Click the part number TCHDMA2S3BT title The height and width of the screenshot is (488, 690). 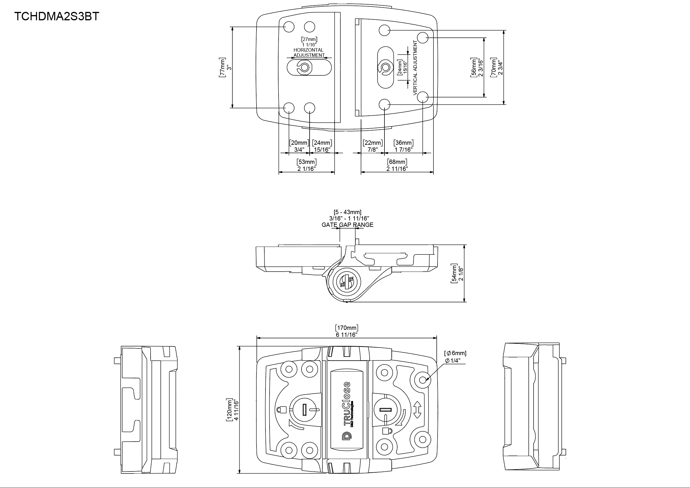pos(57,16)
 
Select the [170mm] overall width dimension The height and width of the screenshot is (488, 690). pos(346,328)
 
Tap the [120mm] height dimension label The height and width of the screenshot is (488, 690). pos(229,410)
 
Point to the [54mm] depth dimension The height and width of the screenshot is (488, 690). pos(454,273)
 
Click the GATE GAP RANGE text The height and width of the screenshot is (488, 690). pos(347,225)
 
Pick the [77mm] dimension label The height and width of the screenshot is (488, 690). pos(222,67)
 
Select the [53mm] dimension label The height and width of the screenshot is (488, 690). pos(306,162)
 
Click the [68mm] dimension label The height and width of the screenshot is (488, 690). pos(397,162)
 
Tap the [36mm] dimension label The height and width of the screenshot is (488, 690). pos(403,143)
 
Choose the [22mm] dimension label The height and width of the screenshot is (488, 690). pos(373,143)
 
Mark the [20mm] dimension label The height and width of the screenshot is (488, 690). pos(299,143)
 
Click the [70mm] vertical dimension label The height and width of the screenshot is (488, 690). pos(493,67)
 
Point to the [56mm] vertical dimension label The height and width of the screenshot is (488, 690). pos(473,67)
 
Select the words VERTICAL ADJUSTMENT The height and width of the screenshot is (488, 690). pos(415,68)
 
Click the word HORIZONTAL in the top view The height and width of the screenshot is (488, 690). pos(308,50)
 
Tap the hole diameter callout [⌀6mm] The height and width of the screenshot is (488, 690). pos(455,353)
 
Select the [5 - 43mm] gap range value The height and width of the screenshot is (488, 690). pos(347,212)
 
